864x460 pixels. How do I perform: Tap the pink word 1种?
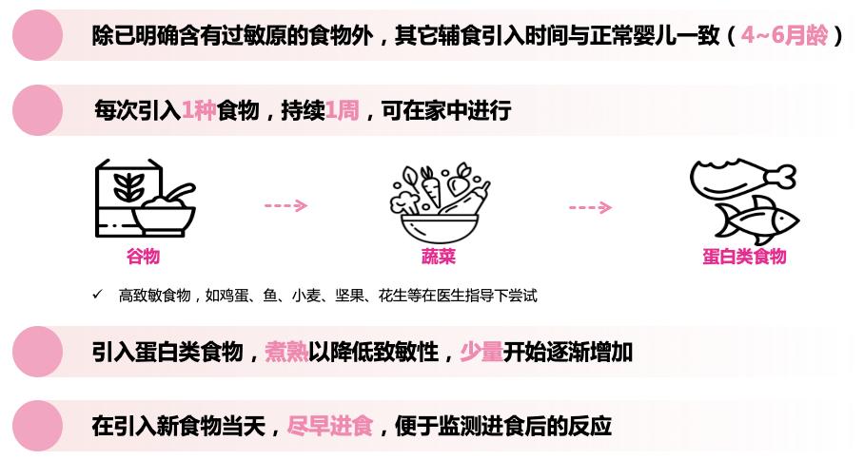tap(199, 110)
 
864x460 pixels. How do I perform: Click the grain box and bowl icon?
tap(145, 201)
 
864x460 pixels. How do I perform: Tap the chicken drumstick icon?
tap(740, 177)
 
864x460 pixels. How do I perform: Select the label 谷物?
tap(143, 257)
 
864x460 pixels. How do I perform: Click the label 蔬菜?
tap(439, 257)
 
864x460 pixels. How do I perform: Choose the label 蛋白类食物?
tap(744, 257)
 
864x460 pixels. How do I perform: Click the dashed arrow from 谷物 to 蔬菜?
tap(285, 205)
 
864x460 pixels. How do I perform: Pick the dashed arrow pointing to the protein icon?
tap(590, 207)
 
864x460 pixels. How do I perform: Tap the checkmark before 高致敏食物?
tap(97, 295)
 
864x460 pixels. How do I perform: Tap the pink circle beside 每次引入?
tap(37, 110)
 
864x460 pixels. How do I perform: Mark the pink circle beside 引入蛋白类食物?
tap(37, 353)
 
